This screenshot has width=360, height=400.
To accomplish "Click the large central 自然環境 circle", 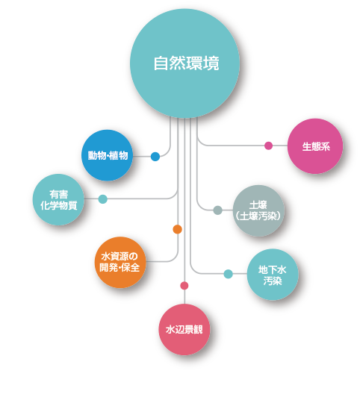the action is [x=184, y=63].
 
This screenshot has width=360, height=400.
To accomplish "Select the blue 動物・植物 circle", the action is [x=108, y=155].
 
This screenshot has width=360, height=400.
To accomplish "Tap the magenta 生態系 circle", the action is [x=315, y=146].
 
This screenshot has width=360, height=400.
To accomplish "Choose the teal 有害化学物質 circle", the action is [x=58, y=199].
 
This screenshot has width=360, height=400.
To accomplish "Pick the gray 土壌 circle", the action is [x=258, y=210].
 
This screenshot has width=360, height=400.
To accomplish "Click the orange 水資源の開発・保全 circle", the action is [x=120, y=262].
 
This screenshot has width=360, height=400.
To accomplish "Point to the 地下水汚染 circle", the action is [x=273, y=275].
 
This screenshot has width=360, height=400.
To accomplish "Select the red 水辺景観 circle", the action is [x=184, y=330].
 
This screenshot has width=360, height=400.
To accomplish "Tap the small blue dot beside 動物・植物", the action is [x=155, y=157].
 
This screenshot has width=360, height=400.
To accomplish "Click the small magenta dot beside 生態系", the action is [x=268, y=146].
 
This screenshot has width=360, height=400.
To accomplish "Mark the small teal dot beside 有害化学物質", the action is [x=102, y=199].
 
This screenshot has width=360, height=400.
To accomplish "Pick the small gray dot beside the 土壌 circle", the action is [x=218, y=210].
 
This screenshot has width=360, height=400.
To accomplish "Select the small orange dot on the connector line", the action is [x=178, y=229].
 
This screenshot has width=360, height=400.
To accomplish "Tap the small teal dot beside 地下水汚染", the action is [x=229, y=274].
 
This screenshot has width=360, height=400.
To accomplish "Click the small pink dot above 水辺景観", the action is [x=184, y=286].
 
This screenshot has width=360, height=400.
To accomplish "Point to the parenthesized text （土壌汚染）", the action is [x=258, y=216].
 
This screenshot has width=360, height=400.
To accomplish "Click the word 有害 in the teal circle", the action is [x=59, y=194].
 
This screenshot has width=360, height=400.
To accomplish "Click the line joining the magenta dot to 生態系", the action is [x=280, y=146].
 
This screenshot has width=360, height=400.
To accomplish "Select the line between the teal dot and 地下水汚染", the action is [x=240, y=274].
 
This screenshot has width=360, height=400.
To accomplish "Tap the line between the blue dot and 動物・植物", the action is [x=142, y=157].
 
